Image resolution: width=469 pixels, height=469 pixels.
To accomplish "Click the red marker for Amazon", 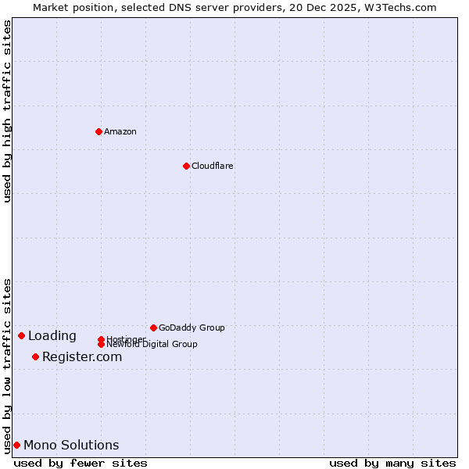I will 98,131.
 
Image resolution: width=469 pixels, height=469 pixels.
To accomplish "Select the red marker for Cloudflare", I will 186,166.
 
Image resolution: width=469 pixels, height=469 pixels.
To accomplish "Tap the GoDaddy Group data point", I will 153,328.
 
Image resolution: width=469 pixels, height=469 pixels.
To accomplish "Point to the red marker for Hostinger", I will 101,339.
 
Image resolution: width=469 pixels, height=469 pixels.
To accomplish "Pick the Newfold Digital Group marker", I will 101,344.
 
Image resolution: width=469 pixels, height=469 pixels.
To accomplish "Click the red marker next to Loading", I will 21,335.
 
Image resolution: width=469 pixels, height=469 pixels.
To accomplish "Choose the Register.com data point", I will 35,356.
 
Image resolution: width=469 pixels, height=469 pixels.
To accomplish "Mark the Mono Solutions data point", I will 16,445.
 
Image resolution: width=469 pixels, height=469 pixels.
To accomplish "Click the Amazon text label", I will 120,131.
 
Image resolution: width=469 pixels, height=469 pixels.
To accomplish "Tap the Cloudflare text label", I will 213,166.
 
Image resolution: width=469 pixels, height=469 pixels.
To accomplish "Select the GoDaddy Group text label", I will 192,328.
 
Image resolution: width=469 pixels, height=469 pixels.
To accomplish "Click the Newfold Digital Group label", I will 152,345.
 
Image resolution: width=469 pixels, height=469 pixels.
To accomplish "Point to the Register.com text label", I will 82,357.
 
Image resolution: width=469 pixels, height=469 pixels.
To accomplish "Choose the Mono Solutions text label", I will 71,446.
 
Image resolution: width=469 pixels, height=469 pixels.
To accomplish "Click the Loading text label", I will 52,336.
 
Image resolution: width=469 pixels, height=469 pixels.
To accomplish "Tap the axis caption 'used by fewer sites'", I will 81,463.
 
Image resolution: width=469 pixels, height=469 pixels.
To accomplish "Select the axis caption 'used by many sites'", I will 392,463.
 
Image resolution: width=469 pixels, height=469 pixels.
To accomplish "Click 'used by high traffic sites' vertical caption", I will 7,111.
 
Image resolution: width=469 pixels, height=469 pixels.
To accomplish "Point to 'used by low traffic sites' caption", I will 7,366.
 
